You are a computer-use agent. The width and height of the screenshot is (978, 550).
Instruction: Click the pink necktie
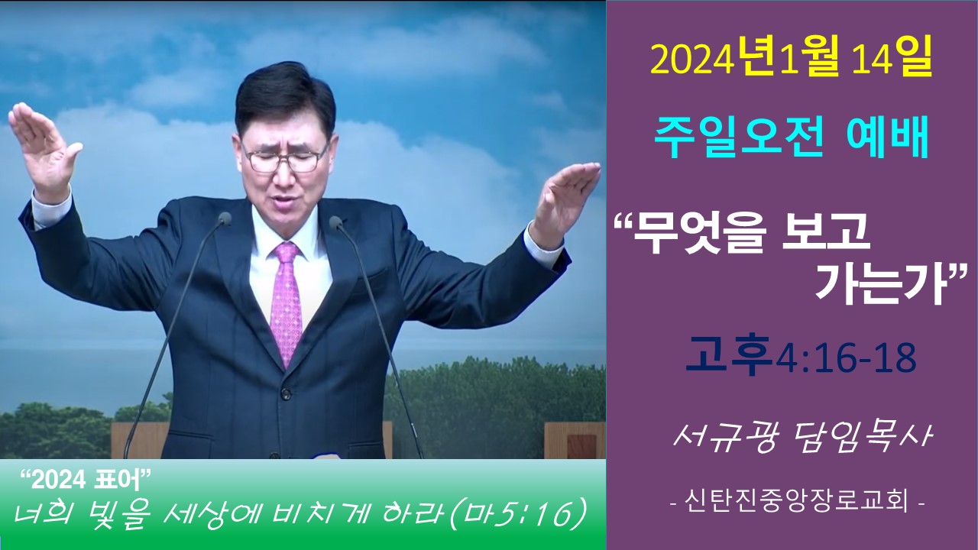[287, 301]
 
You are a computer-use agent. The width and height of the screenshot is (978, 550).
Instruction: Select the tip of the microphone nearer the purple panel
[335, 222]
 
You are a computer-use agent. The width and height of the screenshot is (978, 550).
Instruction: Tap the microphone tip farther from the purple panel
[225, 218]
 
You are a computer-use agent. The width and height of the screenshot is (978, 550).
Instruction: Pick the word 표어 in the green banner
[118, 481]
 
